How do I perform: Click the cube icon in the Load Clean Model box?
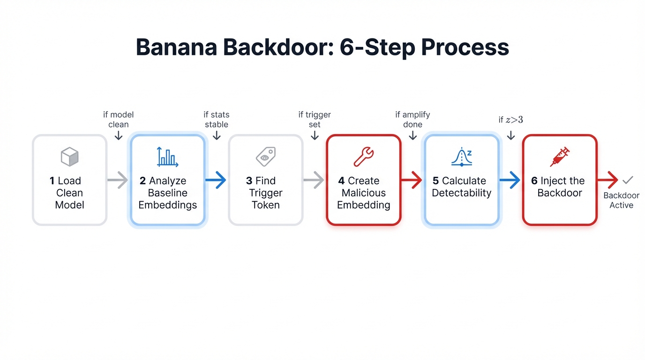pyautogui.click(x=70, y=157)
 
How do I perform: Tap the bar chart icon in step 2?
pyautogui.click(x=167, y=157)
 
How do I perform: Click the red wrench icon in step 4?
pyautogui.click(x=363, y=157)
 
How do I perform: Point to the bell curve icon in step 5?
pyautogui.click(x=462, y=157)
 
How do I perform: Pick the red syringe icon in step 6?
pyautogui.click(x=560, y=157)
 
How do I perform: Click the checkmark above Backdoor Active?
pyautogui.click(x=627, y=180)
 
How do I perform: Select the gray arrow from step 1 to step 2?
pyautogui.click(x=118, y=180)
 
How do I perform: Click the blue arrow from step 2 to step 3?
pyautogui.click(x=216, y=180)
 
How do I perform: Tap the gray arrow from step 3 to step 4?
pyautogui.click(x=314, y=180)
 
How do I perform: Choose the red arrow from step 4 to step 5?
pyautogui.click(x=412, y=180)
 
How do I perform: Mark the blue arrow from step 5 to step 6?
pyautogui.click(x=510, y=180)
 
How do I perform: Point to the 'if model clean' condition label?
pyautogui.click(x=119, y=120)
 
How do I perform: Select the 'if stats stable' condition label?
pyautogui.click(x=217, y=120)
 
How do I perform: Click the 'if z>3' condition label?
pyautogui.click(x=511, y=120)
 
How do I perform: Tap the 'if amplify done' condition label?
pyautogui.click(x=412, y=120)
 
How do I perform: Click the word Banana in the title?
pyautogui.click(x=178, y=47)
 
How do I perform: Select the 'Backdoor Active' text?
pyautogui.click(x=621, y=201)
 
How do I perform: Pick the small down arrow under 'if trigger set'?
pyautogui.click(x=315, y=135)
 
